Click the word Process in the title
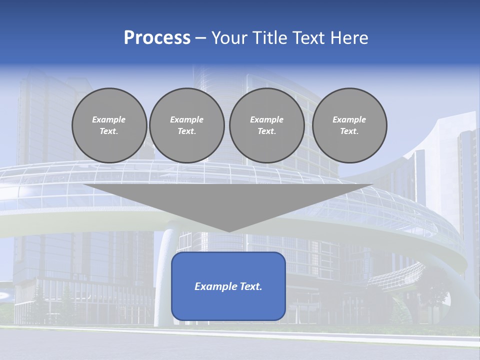point(157,38)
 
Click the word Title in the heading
point(269,38)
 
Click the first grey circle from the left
point(109,125)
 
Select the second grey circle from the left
point(186,125)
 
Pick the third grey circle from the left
point(266,125)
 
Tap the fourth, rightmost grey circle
point(349,125)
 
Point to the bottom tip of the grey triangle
point(228,231)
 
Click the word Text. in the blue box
point(251,286)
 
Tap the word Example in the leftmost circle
point(109,119)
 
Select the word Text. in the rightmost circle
point(349,131)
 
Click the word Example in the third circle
point(266,119)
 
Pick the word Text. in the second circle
point(186,131)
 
